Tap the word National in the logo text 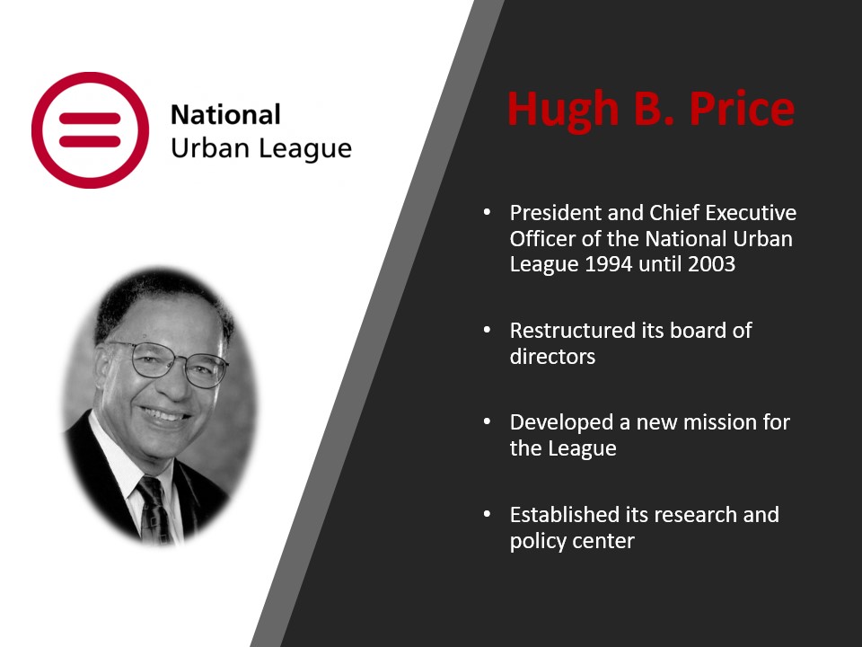pos(225,115)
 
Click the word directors pos(552,357)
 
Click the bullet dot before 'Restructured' pos(487,330)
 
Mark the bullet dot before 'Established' pos(487,514)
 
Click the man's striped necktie pos(154,510)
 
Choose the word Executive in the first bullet pos(751,212)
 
